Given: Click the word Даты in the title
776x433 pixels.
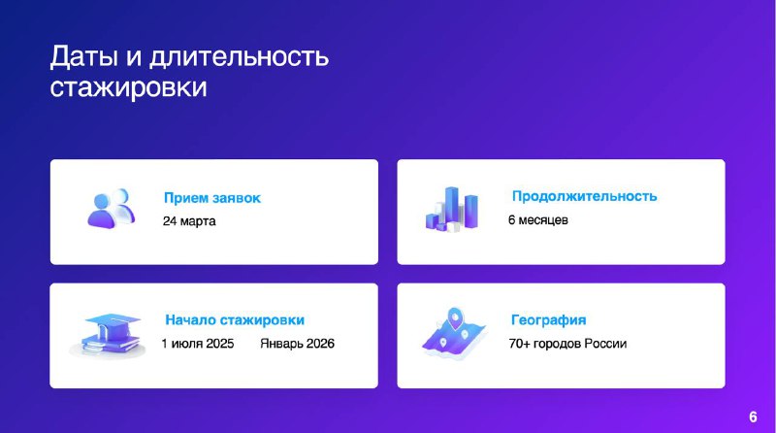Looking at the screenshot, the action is pyautogui.click(x=84, y=56).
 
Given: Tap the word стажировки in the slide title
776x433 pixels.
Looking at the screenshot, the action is pyautogui.click(x=128, y=87).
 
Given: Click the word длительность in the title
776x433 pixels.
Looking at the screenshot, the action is pyautogui.click(x=239, y=56).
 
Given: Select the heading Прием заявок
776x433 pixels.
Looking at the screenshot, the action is pyautogui.click(x=212, y=198).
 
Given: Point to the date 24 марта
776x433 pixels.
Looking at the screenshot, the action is pyautogui.click(x=189, y=221).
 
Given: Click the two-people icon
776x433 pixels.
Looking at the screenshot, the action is pyautogui.click(x=112, y=208).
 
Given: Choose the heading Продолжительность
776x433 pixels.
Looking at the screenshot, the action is pyautogui.click(x=585, y=196).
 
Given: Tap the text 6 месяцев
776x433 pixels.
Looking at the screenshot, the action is pyautogui.click(x=538, y=220).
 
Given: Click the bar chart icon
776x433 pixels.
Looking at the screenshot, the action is pyautogui.click(x=452, y=209).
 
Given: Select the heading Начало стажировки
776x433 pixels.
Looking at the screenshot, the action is pyautogui.click(x=235, y=320).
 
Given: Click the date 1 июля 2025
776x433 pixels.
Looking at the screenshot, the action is pyautogui.click(x=198, y=344).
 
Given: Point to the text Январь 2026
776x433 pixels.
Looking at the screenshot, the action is pyautogui.click(x=298, y=344).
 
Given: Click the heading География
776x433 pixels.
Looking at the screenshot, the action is pyautogui.click(x=548, y=320).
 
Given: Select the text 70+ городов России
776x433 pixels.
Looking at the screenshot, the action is pyautogui.click(x=567, y=344).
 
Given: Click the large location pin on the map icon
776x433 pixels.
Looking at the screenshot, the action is pyautogui.click(x=454, y=318).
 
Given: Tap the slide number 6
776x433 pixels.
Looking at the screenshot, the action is pyautogui.click(x=753, y=416).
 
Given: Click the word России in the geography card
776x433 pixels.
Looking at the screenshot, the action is pyautogui.click(x=605, y=344).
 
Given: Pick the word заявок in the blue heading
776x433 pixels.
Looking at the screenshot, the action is pyautogui.click(x=236, y=198).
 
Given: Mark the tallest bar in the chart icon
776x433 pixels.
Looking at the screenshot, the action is pyautogui.click(x=451, y=207).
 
